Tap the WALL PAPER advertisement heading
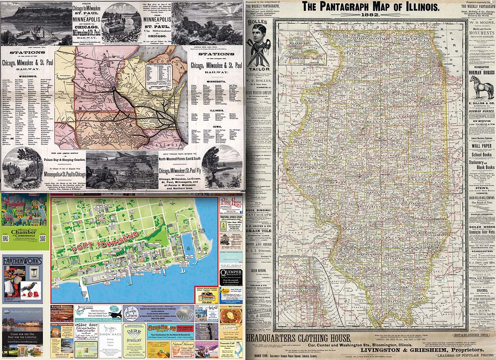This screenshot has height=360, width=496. pyautogui.click(x=481, y=146)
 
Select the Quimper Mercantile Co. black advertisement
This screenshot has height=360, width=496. pyautogui.click(x=231, y=271)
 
